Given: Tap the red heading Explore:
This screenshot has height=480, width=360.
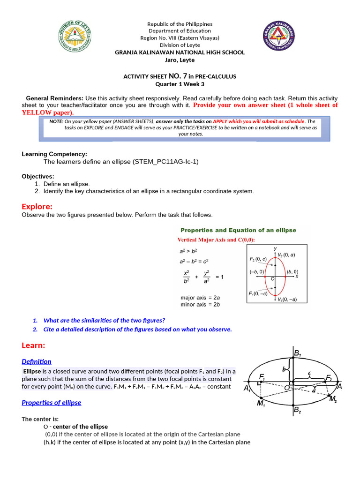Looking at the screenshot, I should point(37,207).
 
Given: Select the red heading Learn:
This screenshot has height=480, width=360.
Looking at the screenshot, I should point(33,345).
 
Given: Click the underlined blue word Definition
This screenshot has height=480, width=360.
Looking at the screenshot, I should point(37,361).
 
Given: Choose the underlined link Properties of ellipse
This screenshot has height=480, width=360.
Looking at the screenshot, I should point(52,403).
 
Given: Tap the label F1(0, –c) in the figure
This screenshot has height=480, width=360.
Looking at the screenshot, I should point(258,294).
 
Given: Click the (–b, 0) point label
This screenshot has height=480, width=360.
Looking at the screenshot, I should point(257,271).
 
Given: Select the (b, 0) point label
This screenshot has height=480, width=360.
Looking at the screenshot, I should point(292,271).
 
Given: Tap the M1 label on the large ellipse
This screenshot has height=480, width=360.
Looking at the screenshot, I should point(262,404).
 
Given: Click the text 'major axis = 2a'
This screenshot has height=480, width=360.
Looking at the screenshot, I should point(200,297).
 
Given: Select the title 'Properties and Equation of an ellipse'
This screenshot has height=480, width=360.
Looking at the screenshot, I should point(239,230).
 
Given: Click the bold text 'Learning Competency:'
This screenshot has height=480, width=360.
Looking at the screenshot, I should point(54,154).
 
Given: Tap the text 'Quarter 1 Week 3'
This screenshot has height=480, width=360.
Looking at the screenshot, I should point(180,84).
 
